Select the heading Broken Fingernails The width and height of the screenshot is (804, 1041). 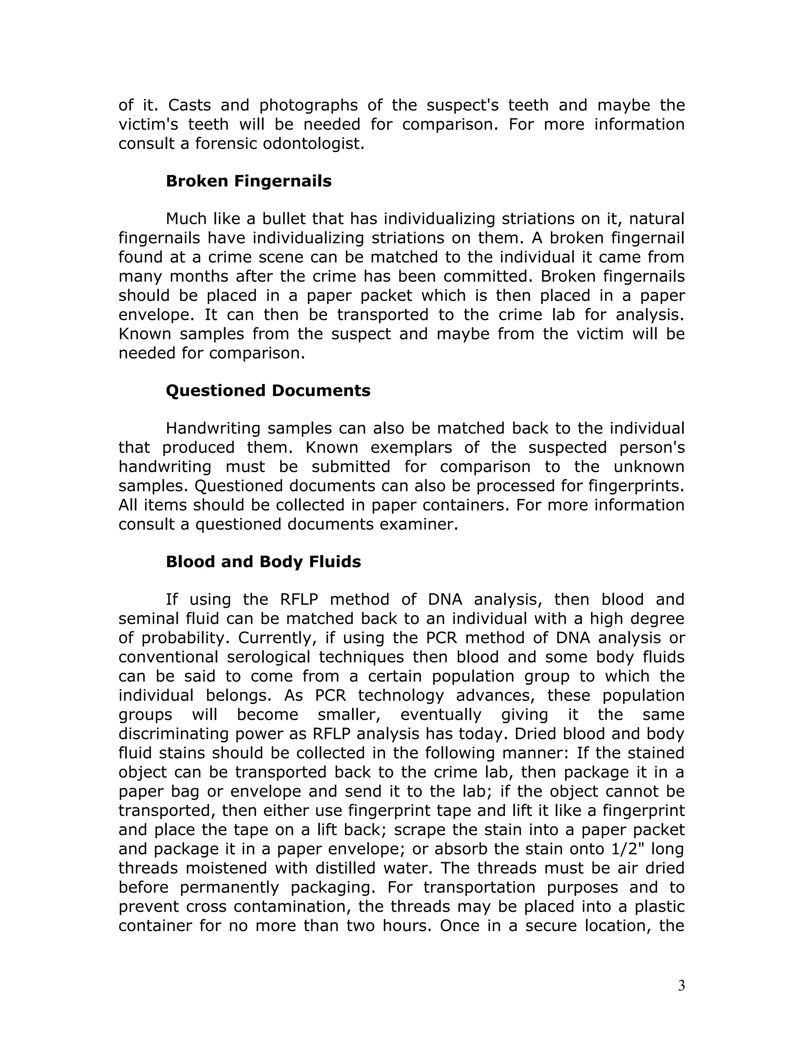248,181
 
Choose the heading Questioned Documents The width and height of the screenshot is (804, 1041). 268,390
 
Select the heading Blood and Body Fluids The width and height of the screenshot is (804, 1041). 263,561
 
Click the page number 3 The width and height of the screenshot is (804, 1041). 681,986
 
